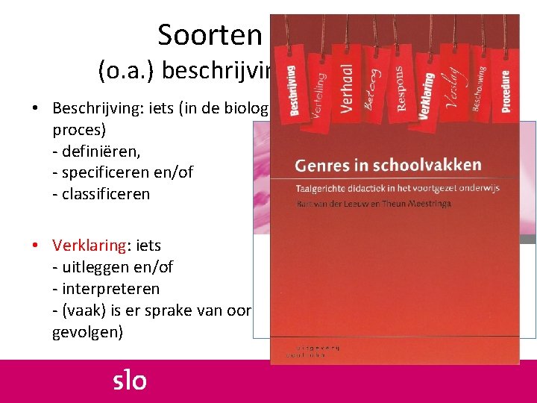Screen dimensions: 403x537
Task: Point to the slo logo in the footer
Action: pyautogui.click(x=130, y=381)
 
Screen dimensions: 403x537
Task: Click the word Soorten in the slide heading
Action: pyautogui.click(x=209, y=34)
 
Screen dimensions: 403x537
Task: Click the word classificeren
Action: pyautogui.click(x=105, y=194)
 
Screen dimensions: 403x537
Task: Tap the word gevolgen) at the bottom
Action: pyautogui.click(x=88, y=331)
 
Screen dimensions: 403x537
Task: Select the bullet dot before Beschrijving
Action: pyautogui.click(x=36, y=108)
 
